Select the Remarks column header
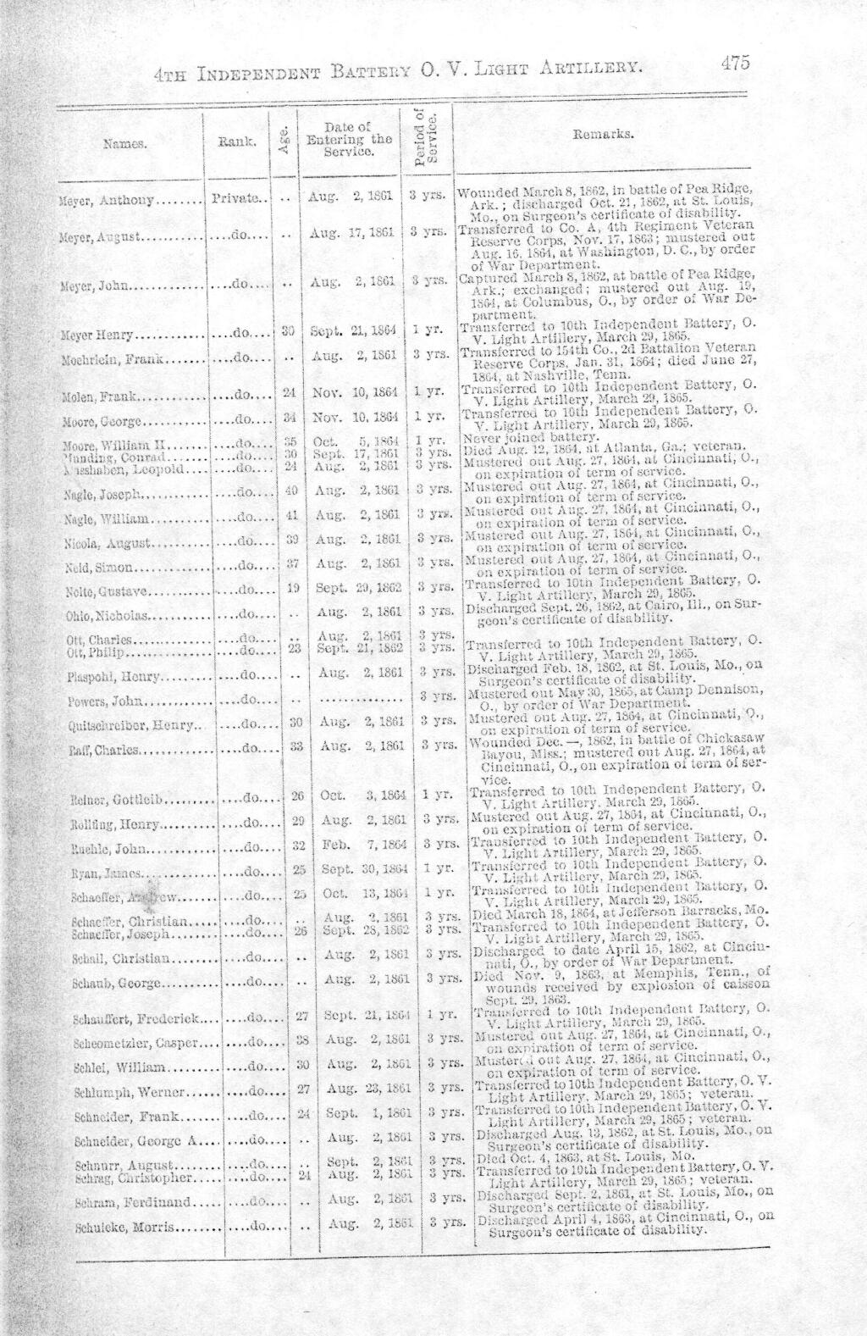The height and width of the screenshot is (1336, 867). coord(601,134)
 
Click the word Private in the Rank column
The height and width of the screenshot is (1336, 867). coord(235,200)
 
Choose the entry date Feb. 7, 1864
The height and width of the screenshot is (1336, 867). coord(355,846)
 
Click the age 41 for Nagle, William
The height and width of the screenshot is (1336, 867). coord(293,516)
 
